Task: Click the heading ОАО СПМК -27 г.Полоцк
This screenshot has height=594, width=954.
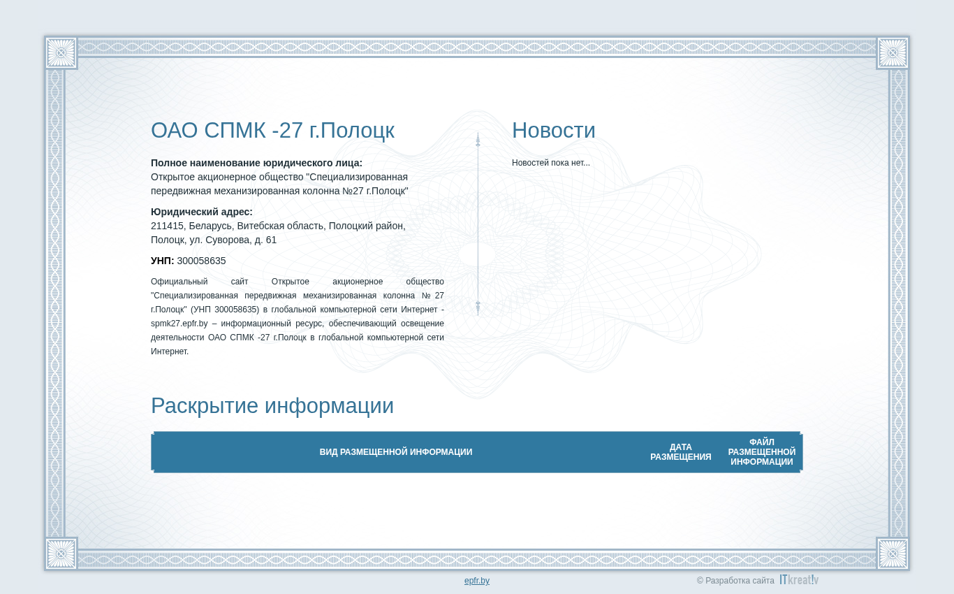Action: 272,131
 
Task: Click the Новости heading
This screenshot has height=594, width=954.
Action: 553,130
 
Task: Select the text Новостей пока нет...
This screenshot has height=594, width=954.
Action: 550,163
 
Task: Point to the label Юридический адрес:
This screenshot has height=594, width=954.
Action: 201,212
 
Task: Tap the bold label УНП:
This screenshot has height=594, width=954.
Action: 162,261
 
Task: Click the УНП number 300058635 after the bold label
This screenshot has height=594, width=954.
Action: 201,261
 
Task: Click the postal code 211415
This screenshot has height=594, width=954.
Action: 168,226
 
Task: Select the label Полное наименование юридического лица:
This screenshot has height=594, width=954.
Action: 256,164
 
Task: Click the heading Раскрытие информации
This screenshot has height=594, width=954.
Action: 272,405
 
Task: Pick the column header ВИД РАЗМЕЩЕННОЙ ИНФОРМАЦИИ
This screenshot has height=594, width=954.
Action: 396,451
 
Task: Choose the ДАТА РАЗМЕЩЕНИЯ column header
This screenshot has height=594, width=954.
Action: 680,451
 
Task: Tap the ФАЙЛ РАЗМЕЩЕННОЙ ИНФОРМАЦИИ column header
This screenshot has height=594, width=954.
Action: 761,451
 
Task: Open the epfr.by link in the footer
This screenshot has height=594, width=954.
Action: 476,580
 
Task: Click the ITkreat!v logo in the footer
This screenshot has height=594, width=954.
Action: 799,580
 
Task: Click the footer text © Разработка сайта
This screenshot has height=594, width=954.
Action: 735,580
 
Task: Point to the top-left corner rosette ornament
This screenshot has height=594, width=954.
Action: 61,53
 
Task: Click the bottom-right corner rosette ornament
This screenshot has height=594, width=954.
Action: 893,553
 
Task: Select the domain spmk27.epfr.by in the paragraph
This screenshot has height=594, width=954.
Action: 179,324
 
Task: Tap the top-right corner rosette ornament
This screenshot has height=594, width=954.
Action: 893,53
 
